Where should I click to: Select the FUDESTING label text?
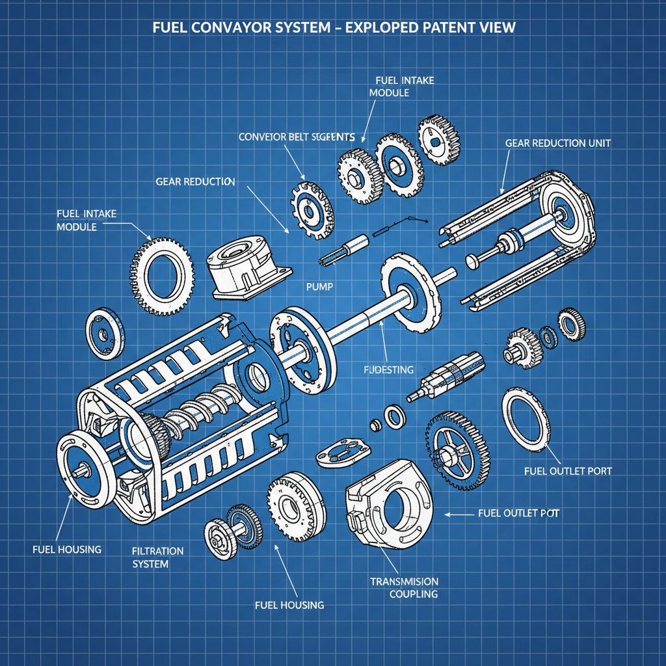point(388,369)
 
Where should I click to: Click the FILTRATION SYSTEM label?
point(157,557)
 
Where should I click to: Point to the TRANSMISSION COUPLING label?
point(404,587)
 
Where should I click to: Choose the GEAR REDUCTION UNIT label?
point(557,143)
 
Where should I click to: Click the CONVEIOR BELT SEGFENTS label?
point(297,137)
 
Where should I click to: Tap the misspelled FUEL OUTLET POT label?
point(518,513)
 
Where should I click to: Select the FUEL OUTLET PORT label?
point(568,470)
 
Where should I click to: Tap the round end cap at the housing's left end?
point(82,468)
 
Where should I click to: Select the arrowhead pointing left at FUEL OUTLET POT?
point(447,514)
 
